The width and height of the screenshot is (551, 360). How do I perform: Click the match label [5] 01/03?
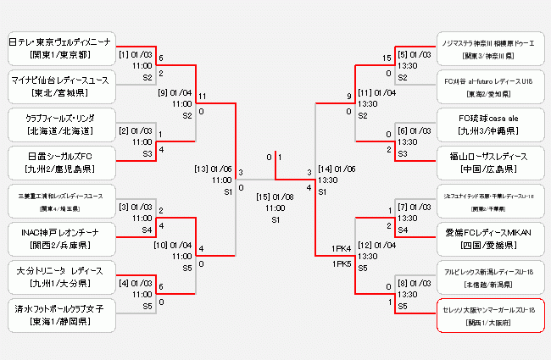pyautogui.click(x=415, y=54)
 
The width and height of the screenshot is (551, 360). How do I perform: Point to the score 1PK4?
pyautogui.click(x=342, y=248)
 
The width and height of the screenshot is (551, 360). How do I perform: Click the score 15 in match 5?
pyautogui.click(x=387, y=58)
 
